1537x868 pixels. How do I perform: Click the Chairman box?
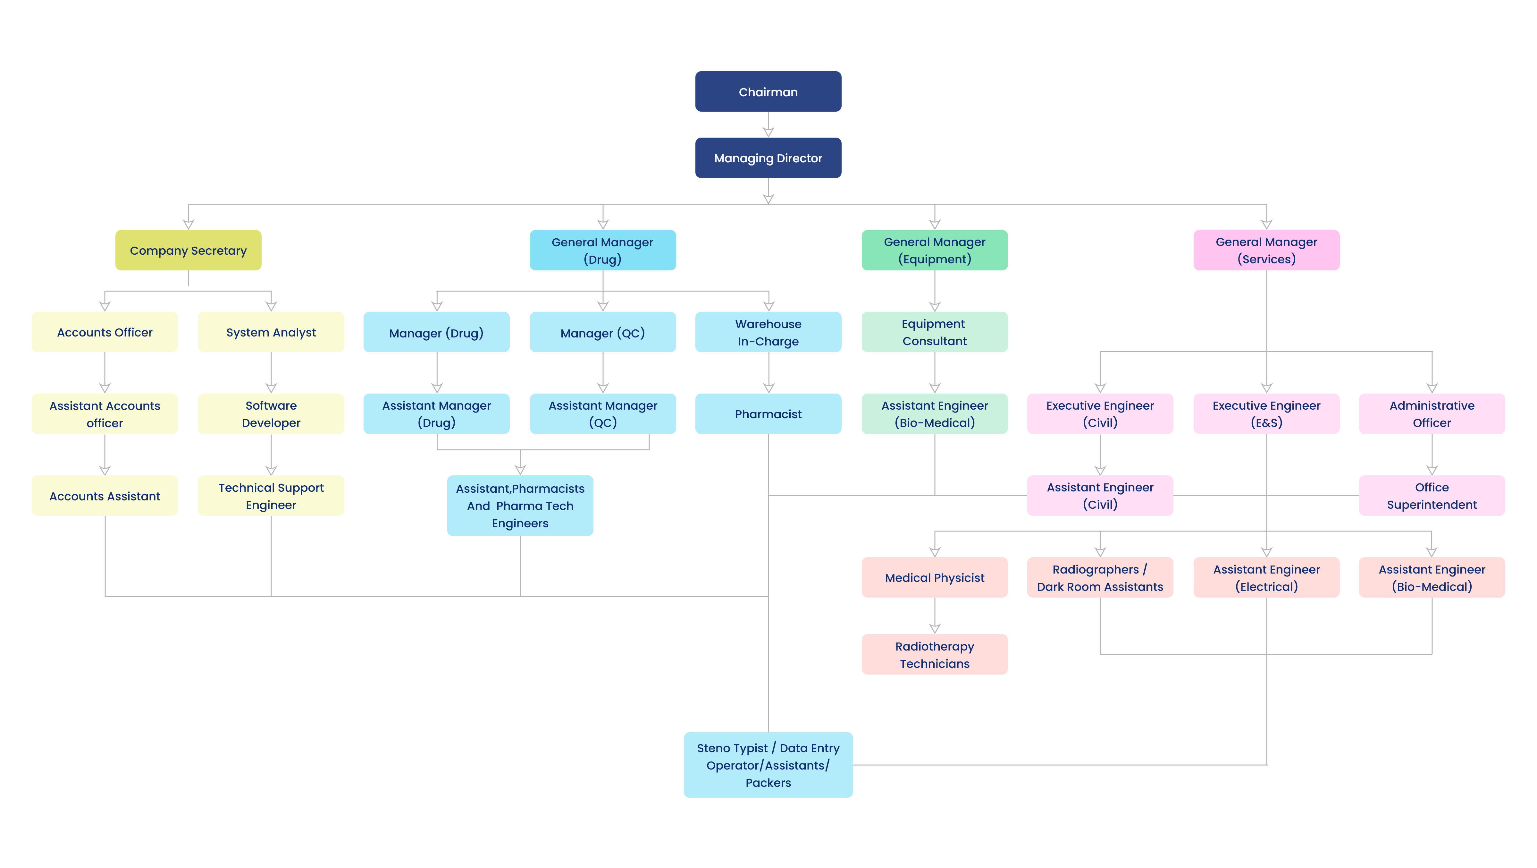[x=768, y=91]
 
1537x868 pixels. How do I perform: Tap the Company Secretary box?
[x=188, y=250]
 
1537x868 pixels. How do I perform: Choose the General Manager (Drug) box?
[x=603, y=250]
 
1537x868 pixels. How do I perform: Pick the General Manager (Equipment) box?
[x=934, y=250]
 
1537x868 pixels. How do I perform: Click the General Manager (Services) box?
[x=1266, y=250]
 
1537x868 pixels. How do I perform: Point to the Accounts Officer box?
[x=105, y=332]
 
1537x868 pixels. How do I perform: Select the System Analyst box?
[x=271, y=332]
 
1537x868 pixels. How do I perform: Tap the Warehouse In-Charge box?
[x=768, y=332]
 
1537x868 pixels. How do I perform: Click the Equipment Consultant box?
[x=934, y=332]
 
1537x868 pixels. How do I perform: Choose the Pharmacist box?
[x=768, y=414]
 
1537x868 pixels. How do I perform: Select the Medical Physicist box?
[x=934, y=577]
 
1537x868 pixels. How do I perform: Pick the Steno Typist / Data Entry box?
[x=768, y=765]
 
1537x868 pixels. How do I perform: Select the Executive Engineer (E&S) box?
[x=1266, y=414]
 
